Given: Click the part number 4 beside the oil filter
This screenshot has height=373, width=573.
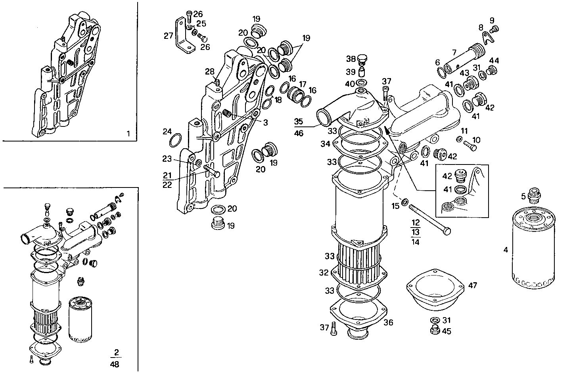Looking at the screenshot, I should tap(505, 250).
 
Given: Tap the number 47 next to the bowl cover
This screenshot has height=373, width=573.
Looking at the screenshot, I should tap(472, 285).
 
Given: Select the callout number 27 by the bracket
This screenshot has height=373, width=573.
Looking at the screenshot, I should tap(169, 36).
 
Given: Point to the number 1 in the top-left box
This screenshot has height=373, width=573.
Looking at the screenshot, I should tap(128, 134).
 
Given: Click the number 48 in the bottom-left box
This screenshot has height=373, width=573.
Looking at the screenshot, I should tap(116, 364).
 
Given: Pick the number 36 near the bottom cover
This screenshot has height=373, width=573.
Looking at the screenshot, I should tap(388, 322).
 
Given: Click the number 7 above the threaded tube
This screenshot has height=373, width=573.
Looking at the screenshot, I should tap(455, 52).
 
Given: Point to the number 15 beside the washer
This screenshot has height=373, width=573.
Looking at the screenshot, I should tap(395, 206).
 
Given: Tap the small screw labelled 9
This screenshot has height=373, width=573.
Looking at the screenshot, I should tap(494, 29).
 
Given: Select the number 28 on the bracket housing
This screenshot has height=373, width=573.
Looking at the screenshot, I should tap(209, 72).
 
